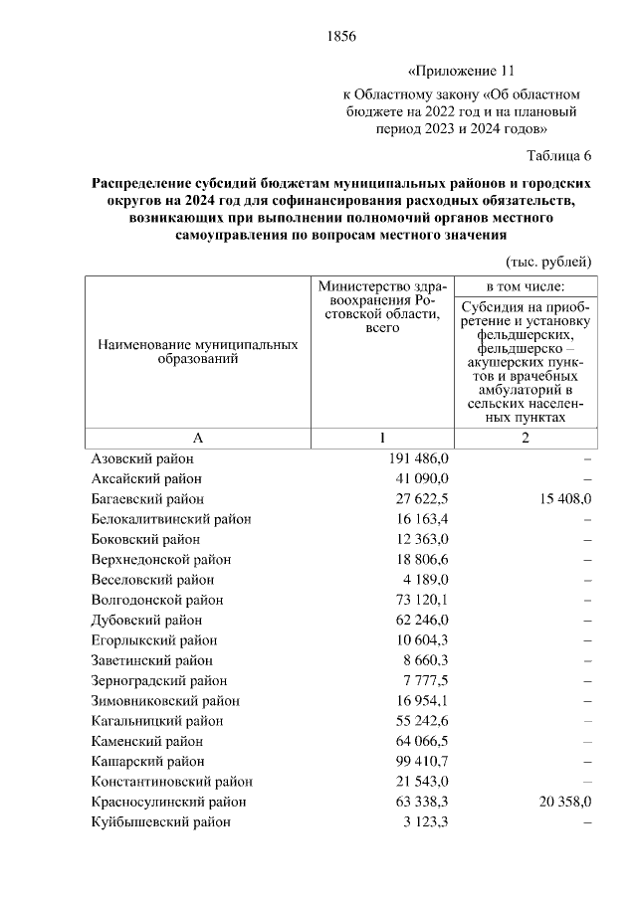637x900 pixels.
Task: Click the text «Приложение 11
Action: [462, 73]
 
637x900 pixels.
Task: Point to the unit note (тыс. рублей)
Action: [548, 262]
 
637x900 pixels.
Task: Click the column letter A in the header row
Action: [197, 439]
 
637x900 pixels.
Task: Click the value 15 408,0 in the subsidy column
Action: [558, 498]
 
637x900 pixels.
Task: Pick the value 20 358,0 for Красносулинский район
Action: [558, 802]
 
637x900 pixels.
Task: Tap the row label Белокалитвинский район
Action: [170, 519]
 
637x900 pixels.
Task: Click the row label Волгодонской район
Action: [156, 600]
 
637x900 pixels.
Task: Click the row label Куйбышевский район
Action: [160, 822]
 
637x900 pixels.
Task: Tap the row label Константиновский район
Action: [170, 782]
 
